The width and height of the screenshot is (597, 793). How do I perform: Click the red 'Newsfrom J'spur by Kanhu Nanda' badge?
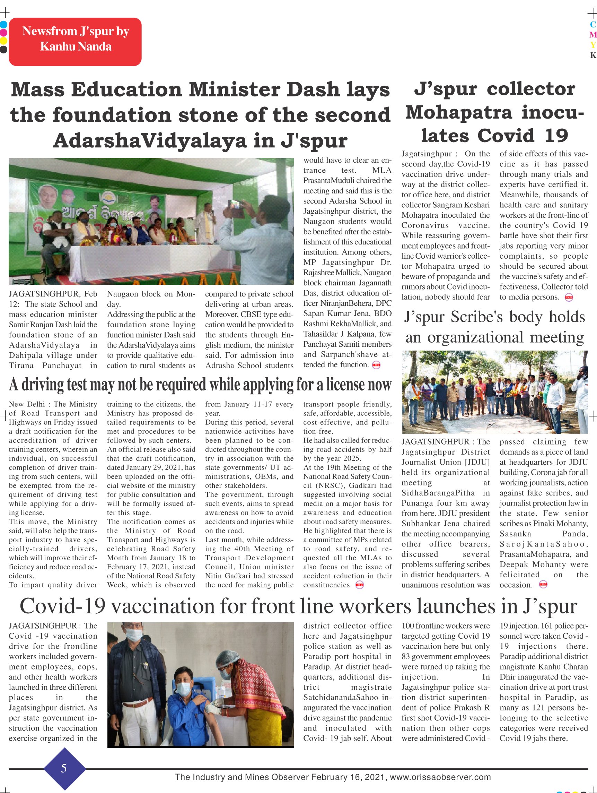tap(75, 42)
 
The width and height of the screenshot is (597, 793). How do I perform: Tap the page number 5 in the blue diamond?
tap(64, 768)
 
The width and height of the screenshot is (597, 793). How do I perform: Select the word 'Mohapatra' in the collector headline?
tap(459, 113)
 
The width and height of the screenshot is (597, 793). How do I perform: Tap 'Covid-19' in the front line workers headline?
tap(63, 606)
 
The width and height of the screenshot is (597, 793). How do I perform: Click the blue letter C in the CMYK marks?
tap(593, 25)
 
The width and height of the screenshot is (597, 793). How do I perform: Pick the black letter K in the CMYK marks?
tap(593, 55)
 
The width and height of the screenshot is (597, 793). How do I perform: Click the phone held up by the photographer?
tap(236, 205)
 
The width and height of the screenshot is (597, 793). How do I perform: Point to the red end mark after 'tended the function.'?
tap(376, 365)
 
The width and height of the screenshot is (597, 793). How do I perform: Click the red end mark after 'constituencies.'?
tap(359, 585)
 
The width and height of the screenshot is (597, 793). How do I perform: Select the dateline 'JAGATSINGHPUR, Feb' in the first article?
tap(53, 294)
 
